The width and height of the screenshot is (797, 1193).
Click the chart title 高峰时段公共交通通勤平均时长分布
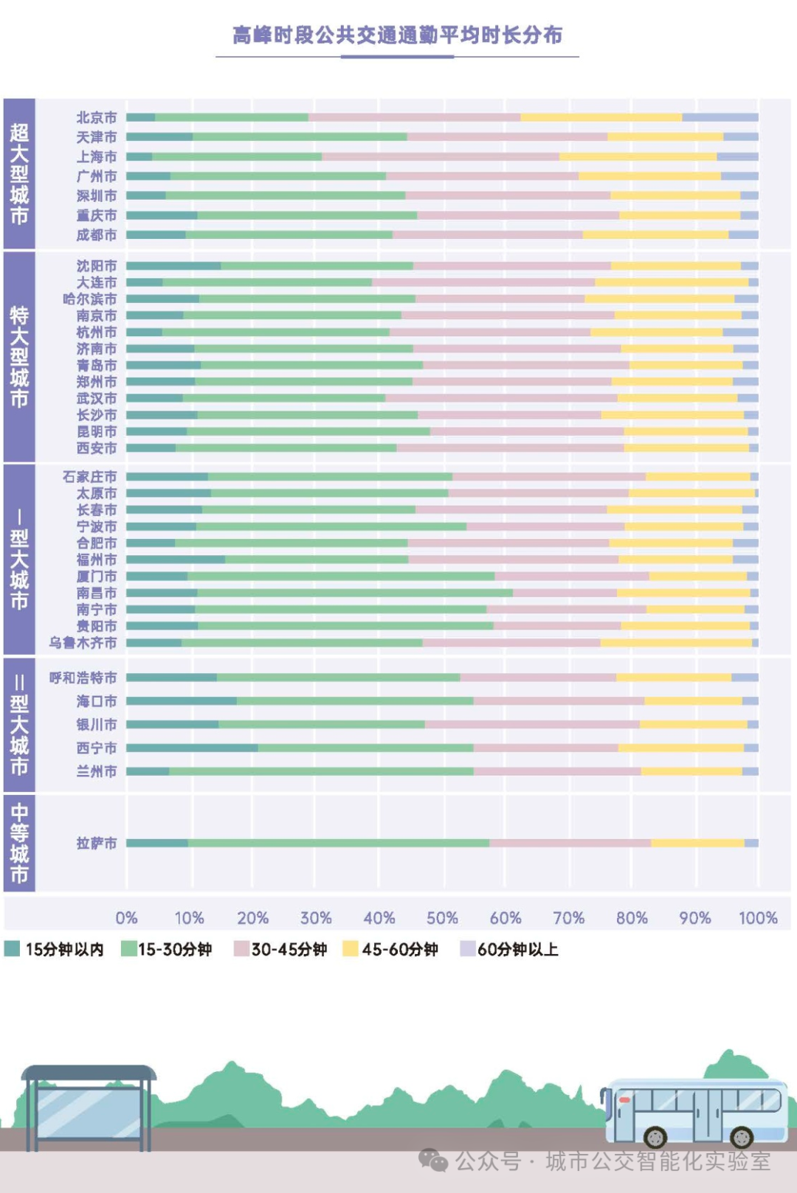pos(397,35)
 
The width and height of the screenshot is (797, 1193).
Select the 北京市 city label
pos(97,118)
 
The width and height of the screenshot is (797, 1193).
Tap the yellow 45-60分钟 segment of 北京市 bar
pos(601,118)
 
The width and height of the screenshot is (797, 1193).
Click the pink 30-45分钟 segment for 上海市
pos(440,157)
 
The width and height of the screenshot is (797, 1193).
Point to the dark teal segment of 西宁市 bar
pos(192,748)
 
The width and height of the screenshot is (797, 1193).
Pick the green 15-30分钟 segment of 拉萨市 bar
pos(338,843)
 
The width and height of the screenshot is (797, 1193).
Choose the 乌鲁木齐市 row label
pos(83,643)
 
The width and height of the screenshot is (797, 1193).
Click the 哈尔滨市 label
pos(90,299)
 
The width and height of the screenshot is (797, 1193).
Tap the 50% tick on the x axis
pos(442,918)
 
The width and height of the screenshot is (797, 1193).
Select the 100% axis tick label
pos(758,918)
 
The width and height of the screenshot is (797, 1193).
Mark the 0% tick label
pos(126,918)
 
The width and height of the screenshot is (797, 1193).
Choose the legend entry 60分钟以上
pos(517,950)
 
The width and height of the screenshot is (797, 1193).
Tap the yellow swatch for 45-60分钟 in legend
pos(350,949)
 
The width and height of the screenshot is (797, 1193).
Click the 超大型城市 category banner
pos(19,174)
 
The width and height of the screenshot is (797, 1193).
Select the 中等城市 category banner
pos(19,843)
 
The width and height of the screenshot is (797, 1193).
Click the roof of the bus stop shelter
pos(89,1071)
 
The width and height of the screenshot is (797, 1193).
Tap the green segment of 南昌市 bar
pos(354,593)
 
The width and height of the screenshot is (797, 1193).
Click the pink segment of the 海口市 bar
pos(559,701)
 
